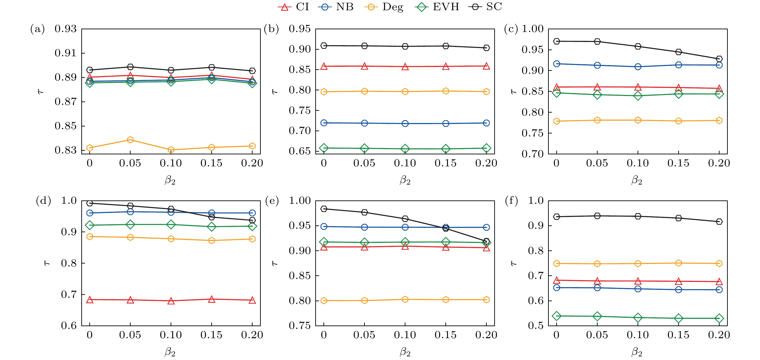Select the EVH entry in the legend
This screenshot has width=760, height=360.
[x=437, y=7]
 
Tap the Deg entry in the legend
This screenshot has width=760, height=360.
[x=384, y=7]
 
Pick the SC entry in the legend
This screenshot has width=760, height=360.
[x=485, y=7]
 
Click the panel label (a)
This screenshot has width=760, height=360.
[x=37, y=29]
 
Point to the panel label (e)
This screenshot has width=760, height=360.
[x=272, y=201]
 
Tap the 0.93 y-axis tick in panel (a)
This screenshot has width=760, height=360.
[x=65, y=29]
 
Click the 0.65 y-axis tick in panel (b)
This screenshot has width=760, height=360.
[x=299, y=151]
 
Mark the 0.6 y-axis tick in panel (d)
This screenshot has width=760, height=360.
[x=69, y=325]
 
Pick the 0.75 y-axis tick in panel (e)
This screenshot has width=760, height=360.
[x=299, y=325]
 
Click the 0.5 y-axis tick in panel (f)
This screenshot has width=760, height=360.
[x=536, y=325]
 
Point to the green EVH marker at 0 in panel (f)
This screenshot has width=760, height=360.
[x=557, y=316]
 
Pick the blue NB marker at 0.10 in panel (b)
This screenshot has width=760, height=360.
[x=405, y=123]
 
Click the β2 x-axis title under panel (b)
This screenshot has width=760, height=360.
[x=405, y=180]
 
